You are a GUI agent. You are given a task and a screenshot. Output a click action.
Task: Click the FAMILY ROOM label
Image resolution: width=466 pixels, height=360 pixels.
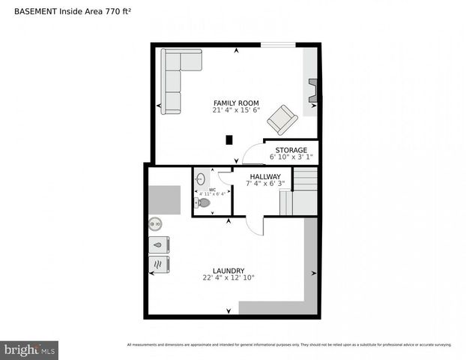point(236,103)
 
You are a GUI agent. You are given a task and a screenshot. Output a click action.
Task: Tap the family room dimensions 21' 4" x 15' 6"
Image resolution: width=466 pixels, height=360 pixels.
point(236,110)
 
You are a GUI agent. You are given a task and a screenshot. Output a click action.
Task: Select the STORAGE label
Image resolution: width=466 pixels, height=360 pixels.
point(291,150)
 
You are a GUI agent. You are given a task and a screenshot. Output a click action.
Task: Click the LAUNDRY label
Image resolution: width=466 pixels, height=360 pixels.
point(229,271)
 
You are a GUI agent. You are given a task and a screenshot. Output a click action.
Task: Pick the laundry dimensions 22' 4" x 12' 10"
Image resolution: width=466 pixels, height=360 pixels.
point(229,278)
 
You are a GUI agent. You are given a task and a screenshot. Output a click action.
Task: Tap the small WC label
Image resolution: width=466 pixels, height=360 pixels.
point(213,190)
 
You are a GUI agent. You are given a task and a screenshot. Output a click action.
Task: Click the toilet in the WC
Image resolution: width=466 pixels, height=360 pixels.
point(203,202)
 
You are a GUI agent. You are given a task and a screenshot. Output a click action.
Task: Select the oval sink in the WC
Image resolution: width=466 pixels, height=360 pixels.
point(200,179)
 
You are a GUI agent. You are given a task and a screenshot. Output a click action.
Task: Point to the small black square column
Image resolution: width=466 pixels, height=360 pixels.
point(229,139)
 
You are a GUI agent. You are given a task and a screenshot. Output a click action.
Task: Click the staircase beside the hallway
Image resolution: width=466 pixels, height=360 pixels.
point(303,190)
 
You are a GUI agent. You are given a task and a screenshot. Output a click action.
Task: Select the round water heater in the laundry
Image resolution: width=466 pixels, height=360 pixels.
point(155,223)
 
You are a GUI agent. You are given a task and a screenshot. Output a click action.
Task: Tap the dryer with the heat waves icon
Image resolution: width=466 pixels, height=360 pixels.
point(159,265)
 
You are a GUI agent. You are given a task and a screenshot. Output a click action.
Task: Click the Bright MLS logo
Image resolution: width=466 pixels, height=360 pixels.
point(30,349)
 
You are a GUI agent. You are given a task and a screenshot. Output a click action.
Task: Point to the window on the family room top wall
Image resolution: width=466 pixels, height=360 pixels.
point(278,46)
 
